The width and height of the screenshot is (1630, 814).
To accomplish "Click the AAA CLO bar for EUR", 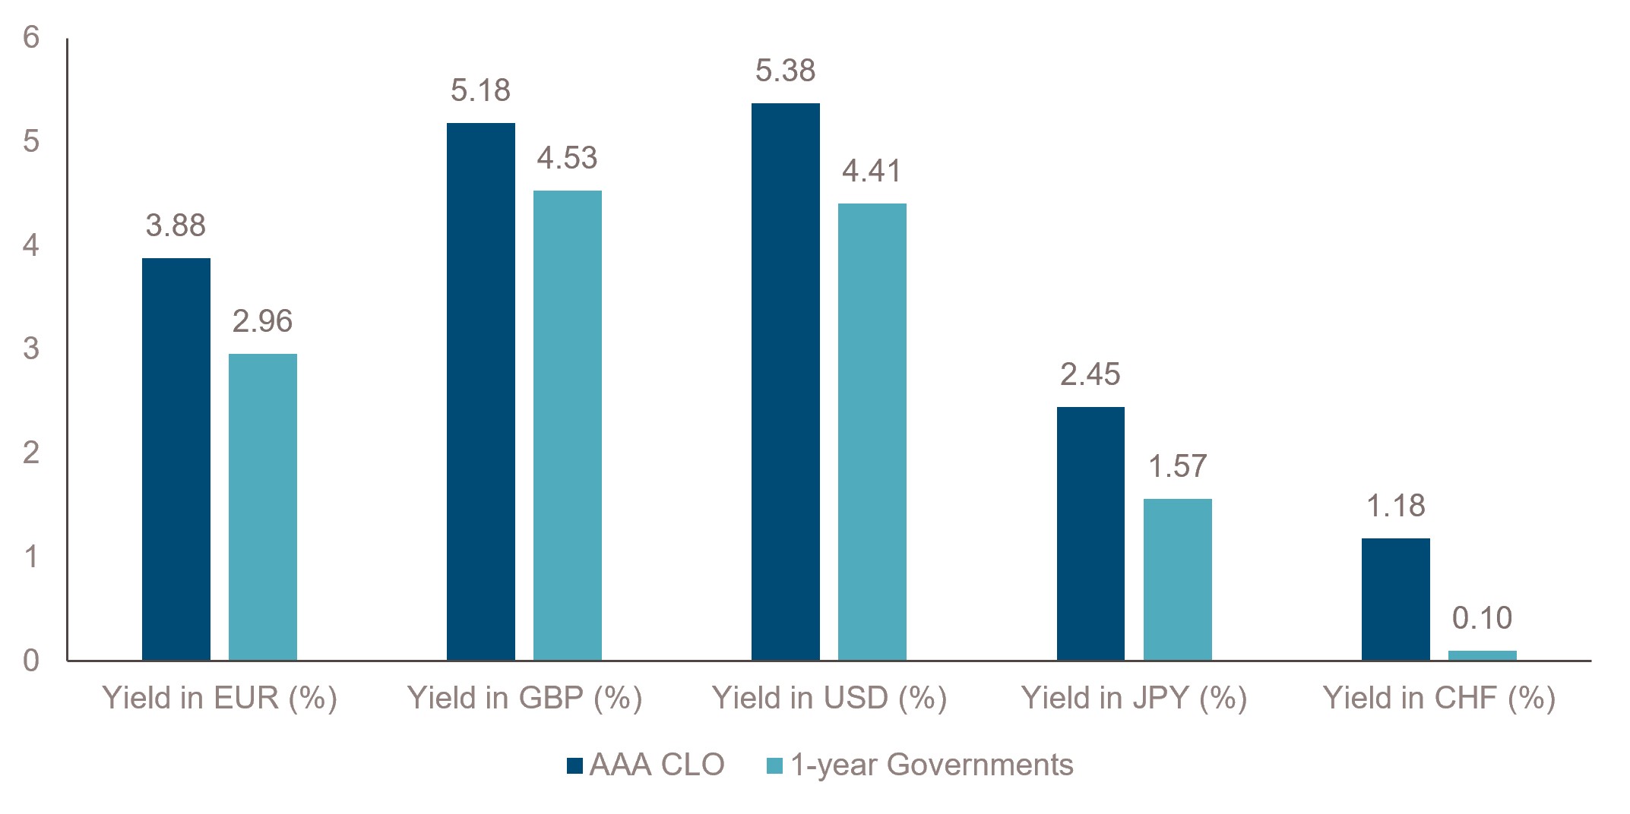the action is point(176,459).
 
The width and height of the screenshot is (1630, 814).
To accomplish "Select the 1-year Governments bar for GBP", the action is point(568,425).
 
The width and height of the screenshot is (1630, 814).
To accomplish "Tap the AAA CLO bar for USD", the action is point(786,382).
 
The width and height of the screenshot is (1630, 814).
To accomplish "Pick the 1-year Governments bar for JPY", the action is point(1178,579).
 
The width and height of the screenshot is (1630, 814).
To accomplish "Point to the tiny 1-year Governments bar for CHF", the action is point(1483,655).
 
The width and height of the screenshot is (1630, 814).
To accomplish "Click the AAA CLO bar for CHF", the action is point(1396,599).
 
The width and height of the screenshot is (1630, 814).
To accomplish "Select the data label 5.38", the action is point(785,71).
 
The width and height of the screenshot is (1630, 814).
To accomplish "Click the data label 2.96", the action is point(262,321).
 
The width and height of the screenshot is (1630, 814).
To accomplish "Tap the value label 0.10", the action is point(1482,618).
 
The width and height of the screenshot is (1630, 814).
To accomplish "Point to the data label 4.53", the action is point(567,158).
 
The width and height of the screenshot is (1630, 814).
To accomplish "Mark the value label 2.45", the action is point(1090,374).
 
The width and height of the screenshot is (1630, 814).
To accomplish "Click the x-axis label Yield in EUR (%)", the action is point(220,698).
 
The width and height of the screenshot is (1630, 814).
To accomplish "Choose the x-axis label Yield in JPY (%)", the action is point(1134,698).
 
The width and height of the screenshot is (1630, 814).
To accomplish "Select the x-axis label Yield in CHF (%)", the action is point(1439,698).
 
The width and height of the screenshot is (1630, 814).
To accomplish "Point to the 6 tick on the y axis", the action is point(31,37).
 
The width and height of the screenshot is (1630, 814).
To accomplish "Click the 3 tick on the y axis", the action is point(31,349).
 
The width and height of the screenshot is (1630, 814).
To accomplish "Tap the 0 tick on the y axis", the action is point(31,661).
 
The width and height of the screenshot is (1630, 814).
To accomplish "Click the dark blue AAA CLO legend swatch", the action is point(574,765).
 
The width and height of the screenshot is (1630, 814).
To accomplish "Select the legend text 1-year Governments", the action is point(932,765).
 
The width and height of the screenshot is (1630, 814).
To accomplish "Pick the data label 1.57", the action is point(1177,466).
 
